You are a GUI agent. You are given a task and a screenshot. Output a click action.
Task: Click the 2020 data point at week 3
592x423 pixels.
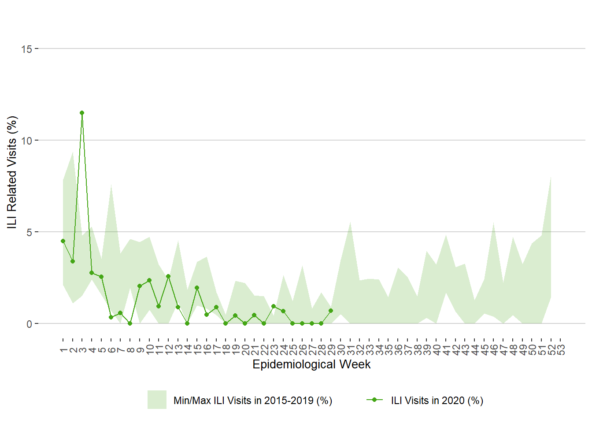pyautogui.click(x=82, y=113)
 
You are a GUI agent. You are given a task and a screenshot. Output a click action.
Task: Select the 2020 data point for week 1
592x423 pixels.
pyautogui.click(x=63, y=241)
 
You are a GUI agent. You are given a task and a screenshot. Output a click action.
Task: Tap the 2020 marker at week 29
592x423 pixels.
pyautogui.click(x=331, y=311)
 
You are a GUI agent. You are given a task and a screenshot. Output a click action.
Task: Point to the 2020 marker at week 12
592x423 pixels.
pyautogui.click(x=168, y=276)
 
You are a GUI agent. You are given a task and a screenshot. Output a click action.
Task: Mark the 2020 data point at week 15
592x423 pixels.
pyautogui.click(x=197, y=288)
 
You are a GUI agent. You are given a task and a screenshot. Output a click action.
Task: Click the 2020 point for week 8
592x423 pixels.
pyautogui.click(x=130, y=323)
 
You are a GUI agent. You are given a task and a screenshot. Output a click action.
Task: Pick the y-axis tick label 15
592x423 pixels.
pyautogui.click(x=27, y=49)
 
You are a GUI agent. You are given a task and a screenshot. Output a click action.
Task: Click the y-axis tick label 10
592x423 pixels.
pyautogui.click(x=27, y=141)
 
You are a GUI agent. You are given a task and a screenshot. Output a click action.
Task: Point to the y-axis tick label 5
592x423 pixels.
pyautogui.click(x=30, y=232)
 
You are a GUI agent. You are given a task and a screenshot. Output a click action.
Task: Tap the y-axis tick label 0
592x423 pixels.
pyautogui.click(x=30, y=324)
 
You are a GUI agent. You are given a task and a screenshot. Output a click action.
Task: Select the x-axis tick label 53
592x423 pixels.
pyautogui.click(x=561, y=350)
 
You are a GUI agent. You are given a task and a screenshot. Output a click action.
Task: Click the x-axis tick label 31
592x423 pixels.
pyautogui.click(x=350, y=350)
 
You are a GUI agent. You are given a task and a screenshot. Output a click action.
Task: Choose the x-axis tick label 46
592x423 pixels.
pyautogui.click(x=494, y=350)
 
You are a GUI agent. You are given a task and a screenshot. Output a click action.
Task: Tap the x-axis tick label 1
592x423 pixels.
pyautogui.click(x=63, y=350)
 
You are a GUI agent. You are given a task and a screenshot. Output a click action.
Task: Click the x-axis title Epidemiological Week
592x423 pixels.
pyautogui.click(x=311, y=364)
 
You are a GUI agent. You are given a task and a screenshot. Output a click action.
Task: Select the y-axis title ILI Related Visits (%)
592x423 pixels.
pyautogui.click(x=12, y=172)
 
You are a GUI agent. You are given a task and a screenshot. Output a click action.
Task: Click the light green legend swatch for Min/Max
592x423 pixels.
pyautogui.click(x=157, y=400)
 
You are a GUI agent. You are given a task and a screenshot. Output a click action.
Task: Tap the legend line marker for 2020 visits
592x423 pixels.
pyautogui.click(x=374, y=400)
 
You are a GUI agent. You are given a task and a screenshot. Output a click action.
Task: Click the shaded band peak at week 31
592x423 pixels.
pyautogui.click(x=350, y=222)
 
